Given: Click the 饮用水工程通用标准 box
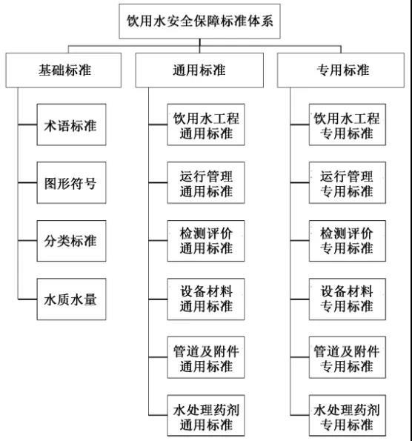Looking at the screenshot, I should point(200,125).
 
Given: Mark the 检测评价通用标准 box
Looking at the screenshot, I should point(200,241).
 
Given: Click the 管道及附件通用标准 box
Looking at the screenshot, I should point(200,357).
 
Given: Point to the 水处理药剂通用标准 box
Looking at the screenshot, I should point(200,416).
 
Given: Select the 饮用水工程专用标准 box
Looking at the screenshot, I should point(347,125).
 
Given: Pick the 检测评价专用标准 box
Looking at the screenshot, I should point(347,241).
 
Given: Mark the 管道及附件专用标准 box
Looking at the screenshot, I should point(347,357).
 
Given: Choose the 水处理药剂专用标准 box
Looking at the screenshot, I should point(347,416).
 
